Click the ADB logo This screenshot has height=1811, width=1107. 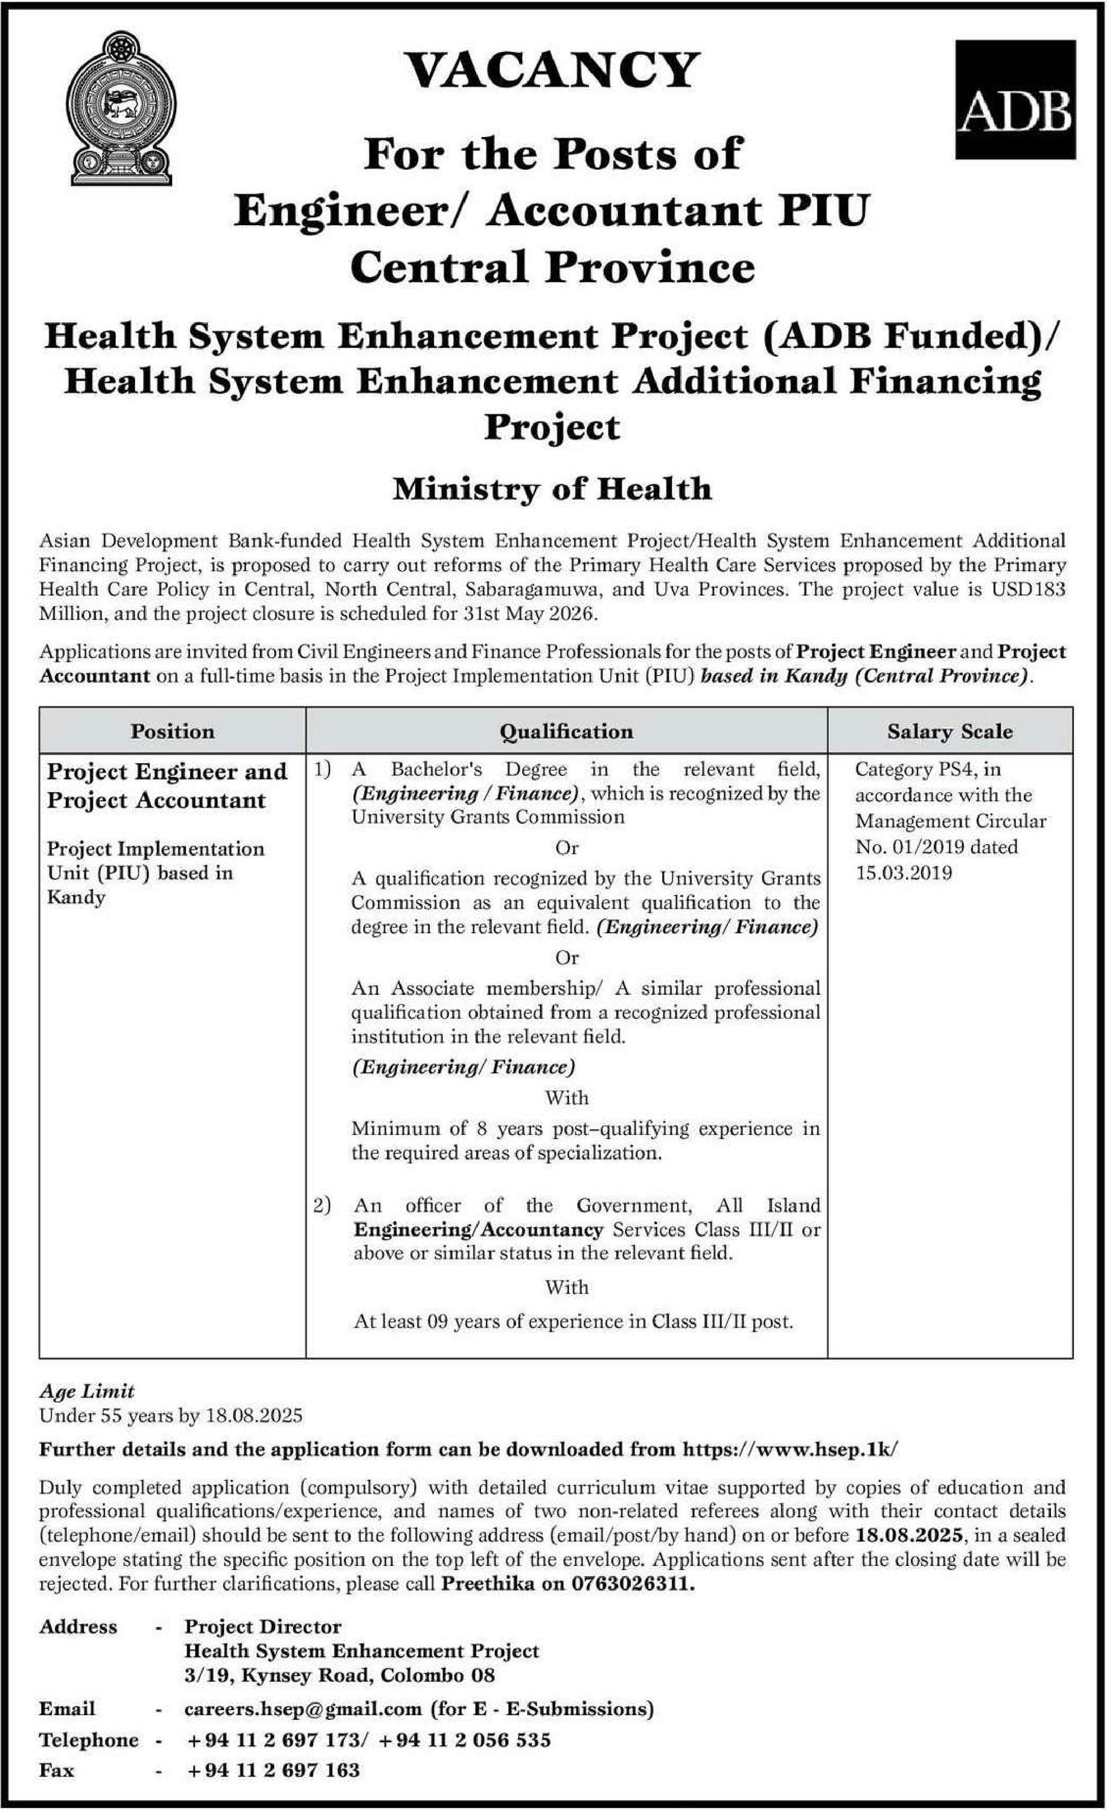pos(1015,100)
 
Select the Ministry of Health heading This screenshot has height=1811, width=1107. pos(552,490)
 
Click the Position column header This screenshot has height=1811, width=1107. pos(173,731)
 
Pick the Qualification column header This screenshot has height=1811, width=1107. pos(566,731)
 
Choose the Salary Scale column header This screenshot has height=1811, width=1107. pos(949,731)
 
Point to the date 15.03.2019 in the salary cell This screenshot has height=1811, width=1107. pos(904,873)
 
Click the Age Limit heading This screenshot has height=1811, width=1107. pos(87,1391)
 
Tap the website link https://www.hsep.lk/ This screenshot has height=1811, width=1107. pos(790,1449)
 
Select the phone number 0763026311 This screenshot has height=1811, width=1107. pos(632,1583)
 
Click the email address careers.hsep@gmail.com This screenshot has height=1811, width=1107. pos(303,1709)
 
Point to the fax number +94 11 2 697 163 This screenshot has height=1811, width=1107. pos(273,1770)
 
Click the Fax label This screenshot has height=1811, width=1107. pos(57,1770)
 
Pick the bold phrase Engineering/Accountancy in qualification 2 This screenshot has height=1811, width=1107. pos(478,1230)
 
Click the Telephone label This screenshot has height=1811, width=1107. pos(88,1740)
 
